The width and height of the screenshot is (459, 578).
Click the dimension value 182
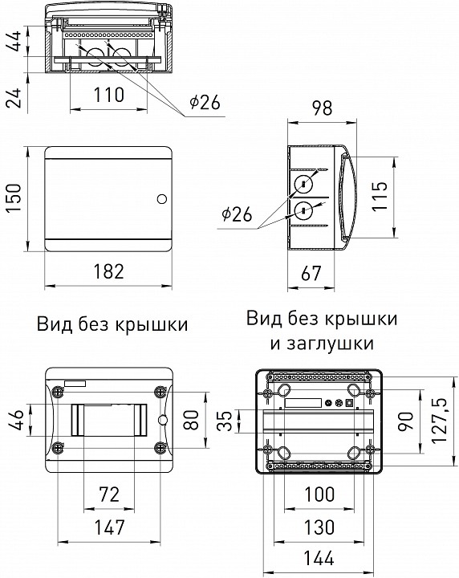tap(108, 271)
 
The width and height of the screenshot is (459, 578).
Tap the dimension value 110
tap(108, 96)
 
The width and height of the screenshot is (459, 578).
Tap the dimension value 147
tap(108, 527)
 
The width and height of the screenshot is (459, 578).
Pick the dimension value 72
tap(108, 496)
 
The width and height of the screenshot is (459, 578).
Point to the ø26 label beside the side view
tap(235, 214)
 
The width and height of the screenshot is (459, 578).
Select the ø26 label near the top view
tap(205, 102)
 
